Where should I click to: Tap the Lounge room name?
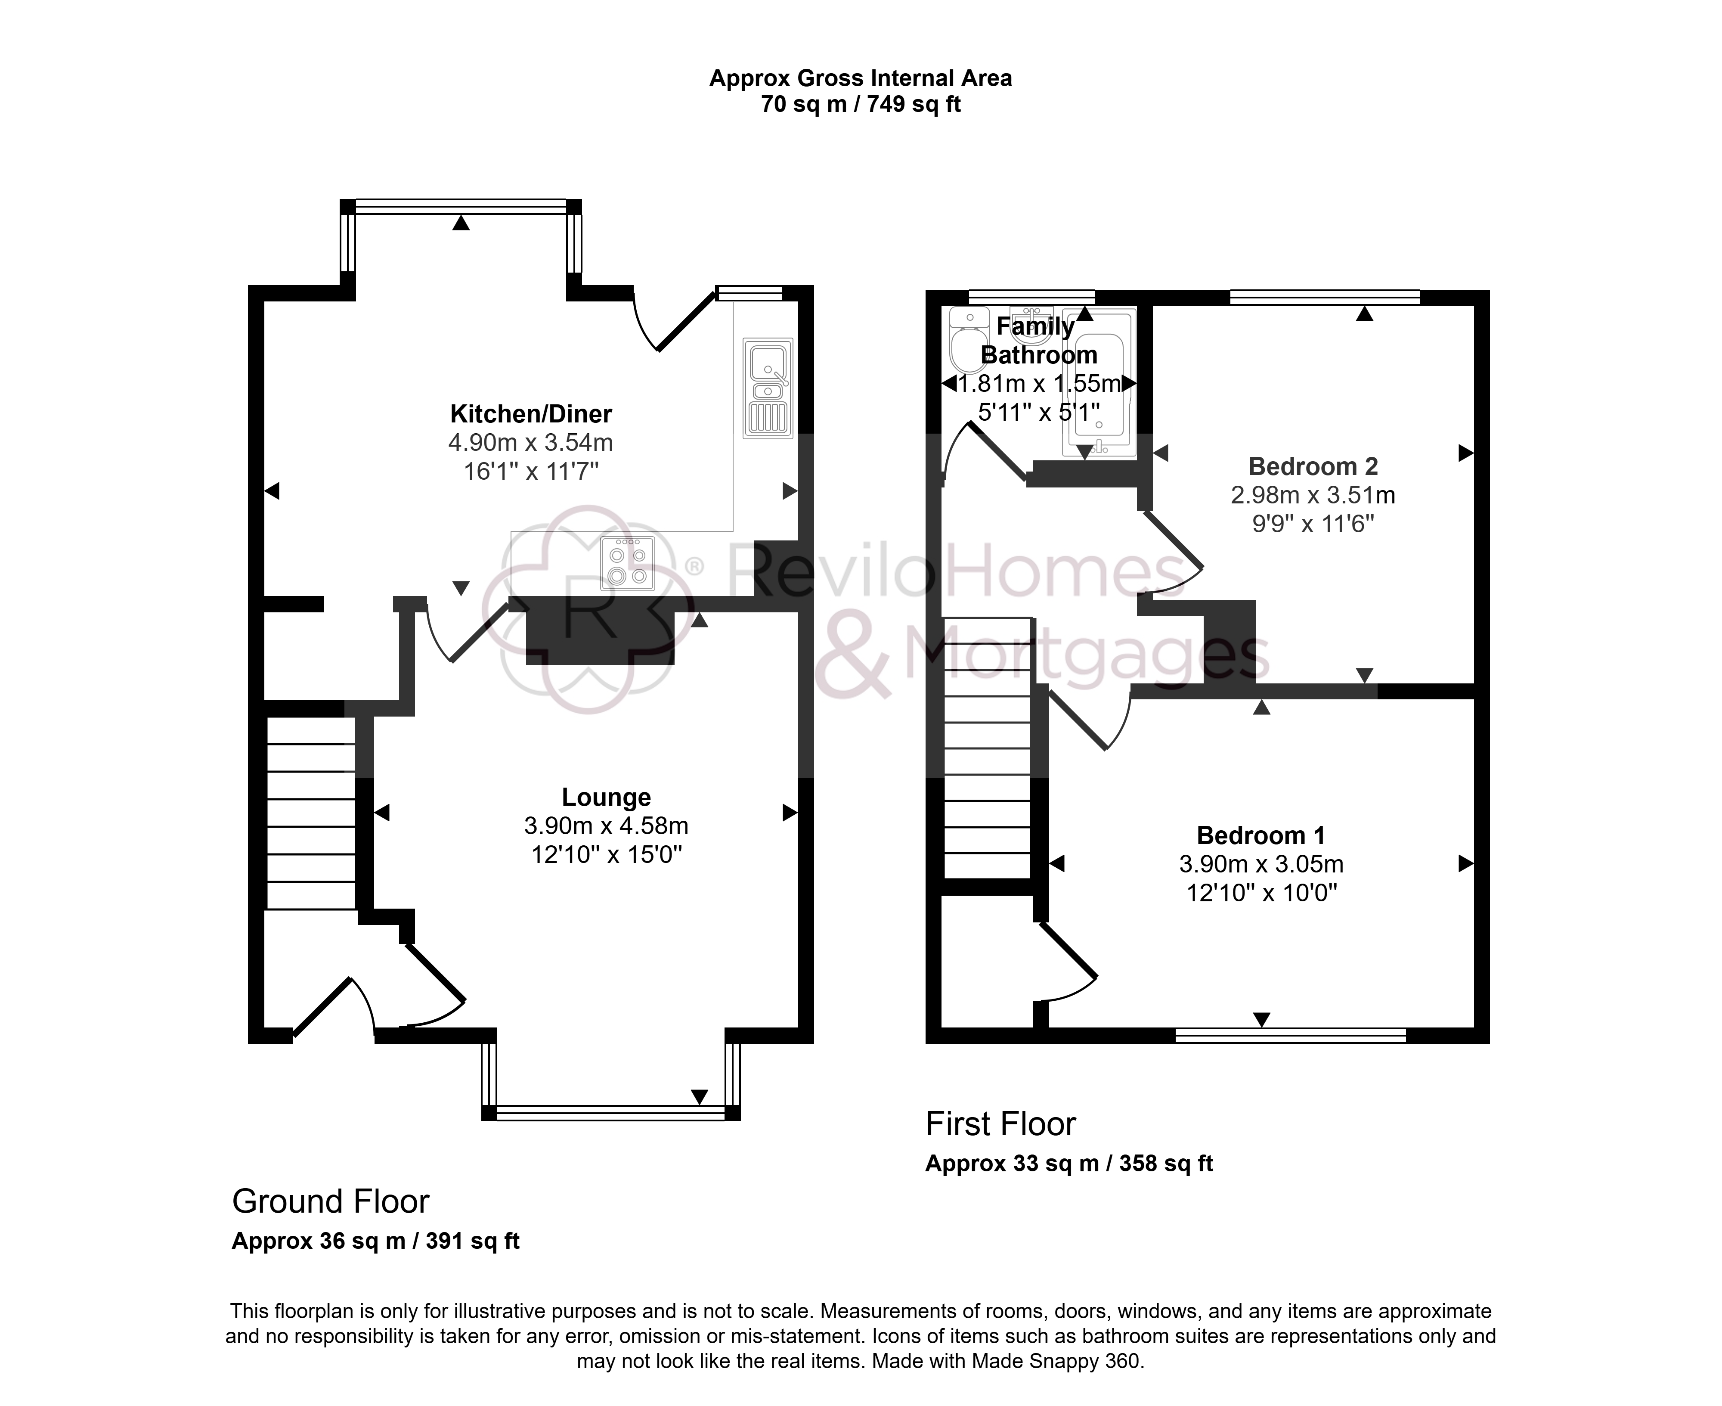[607, 798]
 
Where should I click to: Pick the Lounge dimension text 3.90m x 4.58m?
[607, 826]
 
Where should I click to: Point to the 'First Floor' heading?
[1000, 1124]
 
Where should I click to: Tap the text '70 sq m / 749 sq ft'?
[861, 105]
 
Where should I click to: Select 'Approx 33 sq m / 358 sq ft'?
[1069, 1164]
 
